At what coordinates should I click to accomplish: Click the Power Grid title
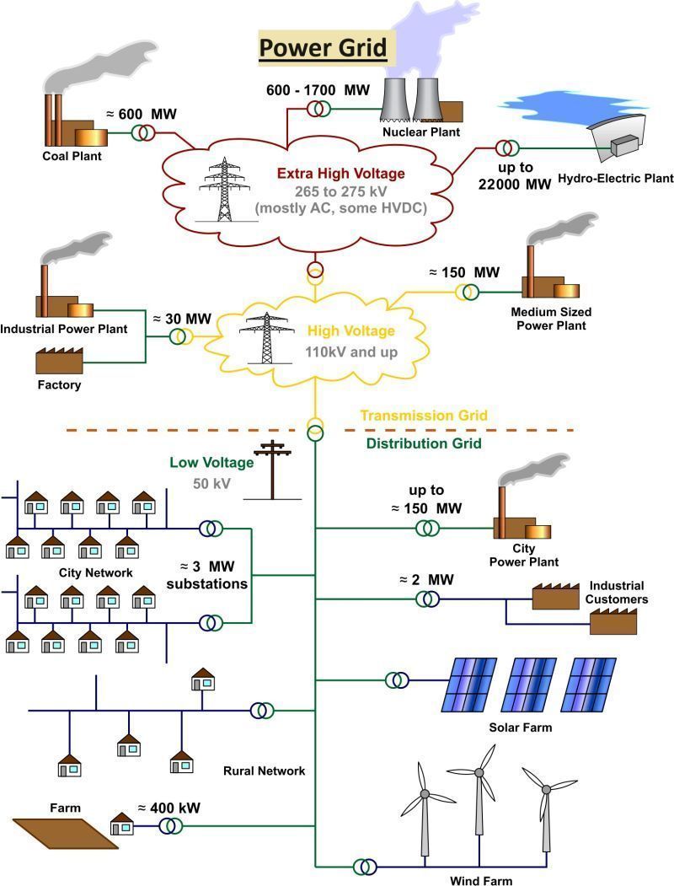tap(323, 46)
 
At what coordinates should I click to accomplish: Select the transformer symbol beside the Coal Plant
tap(142, 133)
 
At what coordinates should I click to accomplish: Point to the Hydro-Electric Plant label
tap(616, 178)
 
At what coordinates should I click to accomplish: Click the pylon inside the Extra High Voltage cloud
tap(219, 190)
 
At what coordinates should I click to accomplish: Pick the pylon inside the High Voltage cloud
tap(267, 337)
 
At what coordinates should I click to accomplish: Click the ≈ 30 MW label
tap(181, 319)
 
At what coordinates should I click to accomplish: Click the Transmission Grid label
tap(424, 416)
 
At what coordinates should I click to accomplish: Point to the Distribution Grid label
tap(424, 443)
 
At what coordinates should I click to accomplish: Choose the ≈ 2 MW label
tap(414, 579)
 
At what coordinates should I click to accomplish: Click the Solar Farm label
tap(520, 727)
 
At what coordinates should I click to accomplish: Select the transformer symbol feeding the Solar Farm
tap(397, 679)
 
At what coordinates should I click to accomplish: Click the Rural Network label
tap(264, 771)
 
